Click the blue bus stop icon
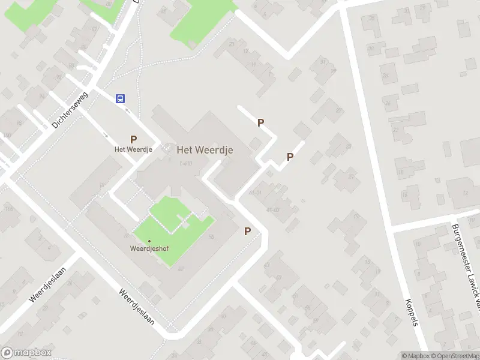[x=121, y=99]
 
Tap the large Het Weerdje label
[x=205, y=149]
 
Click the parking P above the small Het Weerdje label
[x=133, y=139]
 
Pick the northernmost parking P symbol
[x=260, y=122]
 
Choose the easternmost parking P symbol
[x=290, y=157]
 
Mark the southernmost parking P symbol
[x=247, y=231]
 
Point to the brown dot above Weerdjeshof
[x=149, y=241]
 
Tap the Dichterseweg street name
[x=70, y=109]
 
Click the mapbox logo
[x=26, y=353]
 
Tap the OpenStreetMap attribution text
[x=455, y=356]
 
